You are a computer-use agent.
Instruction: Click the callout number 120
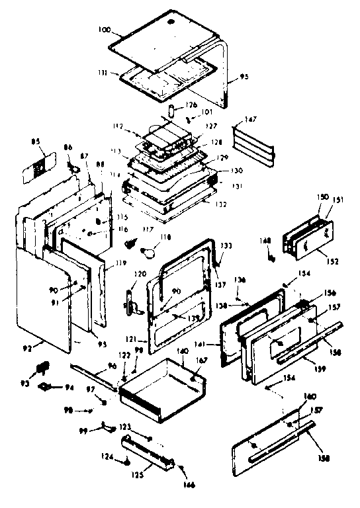tap(140, 275)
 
